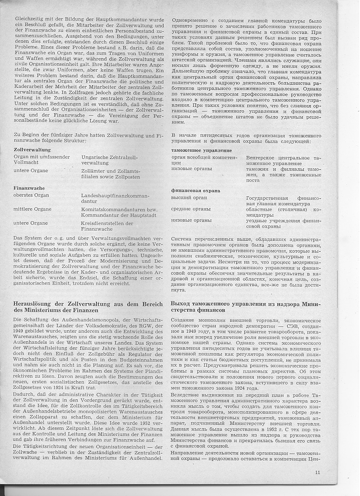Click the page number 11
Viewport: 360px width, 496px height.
(x=318, y=473)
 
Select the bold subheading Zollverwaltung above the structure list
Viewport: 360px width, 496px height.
(x=32, y=150)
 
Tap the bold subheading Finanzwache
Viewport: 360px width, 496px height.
(x=29, y=188)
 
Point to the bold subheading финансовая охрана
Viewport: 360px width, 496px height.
(x=196, y=191)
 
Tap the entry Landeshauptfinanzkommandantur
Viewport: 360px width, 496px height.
(x=115, y=198)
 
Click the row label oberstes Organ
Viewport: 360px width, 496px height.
(x=31, y=195)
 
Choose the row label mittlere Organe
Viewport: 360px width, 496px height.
(x=33, y=209)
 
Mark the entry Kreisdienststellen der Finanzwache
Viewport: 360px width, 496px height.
(x=107, y=226)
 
